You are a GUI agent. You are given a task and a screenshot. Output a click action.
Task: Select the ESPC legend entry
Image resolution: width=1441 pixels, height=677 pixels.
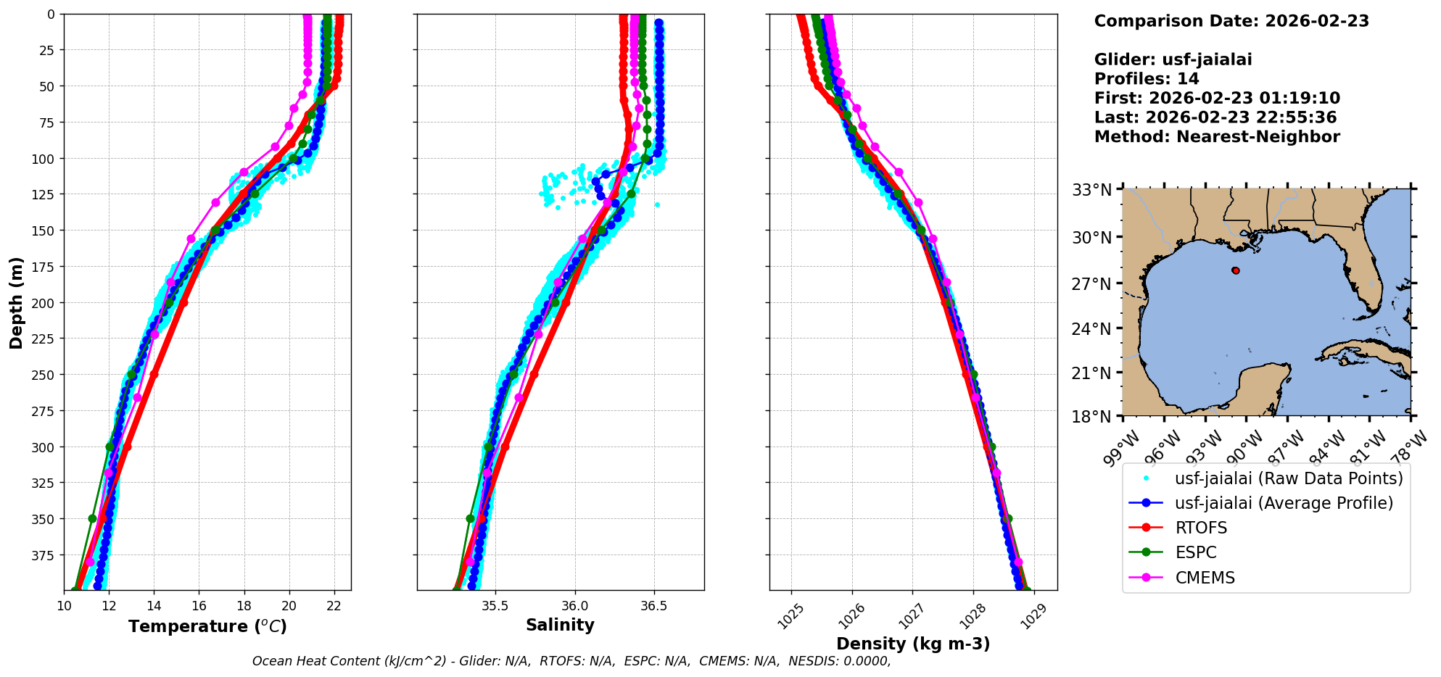[x=1195, y=552]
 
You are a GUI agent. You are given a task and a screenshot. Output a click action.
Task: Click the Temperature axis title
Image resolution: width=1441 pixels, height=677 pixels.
[x=207, y=626]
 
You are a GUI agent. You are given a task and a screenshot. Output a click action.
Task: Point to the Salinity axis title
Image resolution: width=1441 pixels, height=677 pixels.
[x=560, y=625]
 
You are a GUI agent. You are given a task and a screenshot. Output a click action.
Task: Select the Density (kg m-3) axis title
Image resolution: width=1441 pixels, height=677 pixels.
[x=912, y=644]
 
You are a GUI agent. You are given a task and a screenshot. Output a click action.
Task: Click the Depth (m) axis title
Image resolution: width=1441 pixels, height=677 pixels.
[x=16, y=302]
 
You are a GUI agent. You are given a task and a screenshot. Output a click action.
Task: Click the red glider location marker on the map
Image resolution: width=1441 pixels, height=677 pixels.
[x=1235, y=270]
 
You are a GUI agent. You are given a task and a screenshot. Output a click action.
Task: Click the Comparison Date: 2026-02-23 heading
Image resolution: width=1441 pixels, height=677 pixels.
[x=1231, y=21]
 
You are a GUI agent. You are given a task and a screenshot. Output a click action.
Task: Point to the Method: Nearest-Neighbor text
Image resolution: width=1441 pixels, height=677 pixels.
[x=1217, y=136]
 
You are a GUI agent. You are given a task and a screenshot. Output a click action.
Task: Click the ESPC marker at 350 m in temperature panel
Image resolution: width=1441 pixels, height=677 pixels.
[x=92, y=518]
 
